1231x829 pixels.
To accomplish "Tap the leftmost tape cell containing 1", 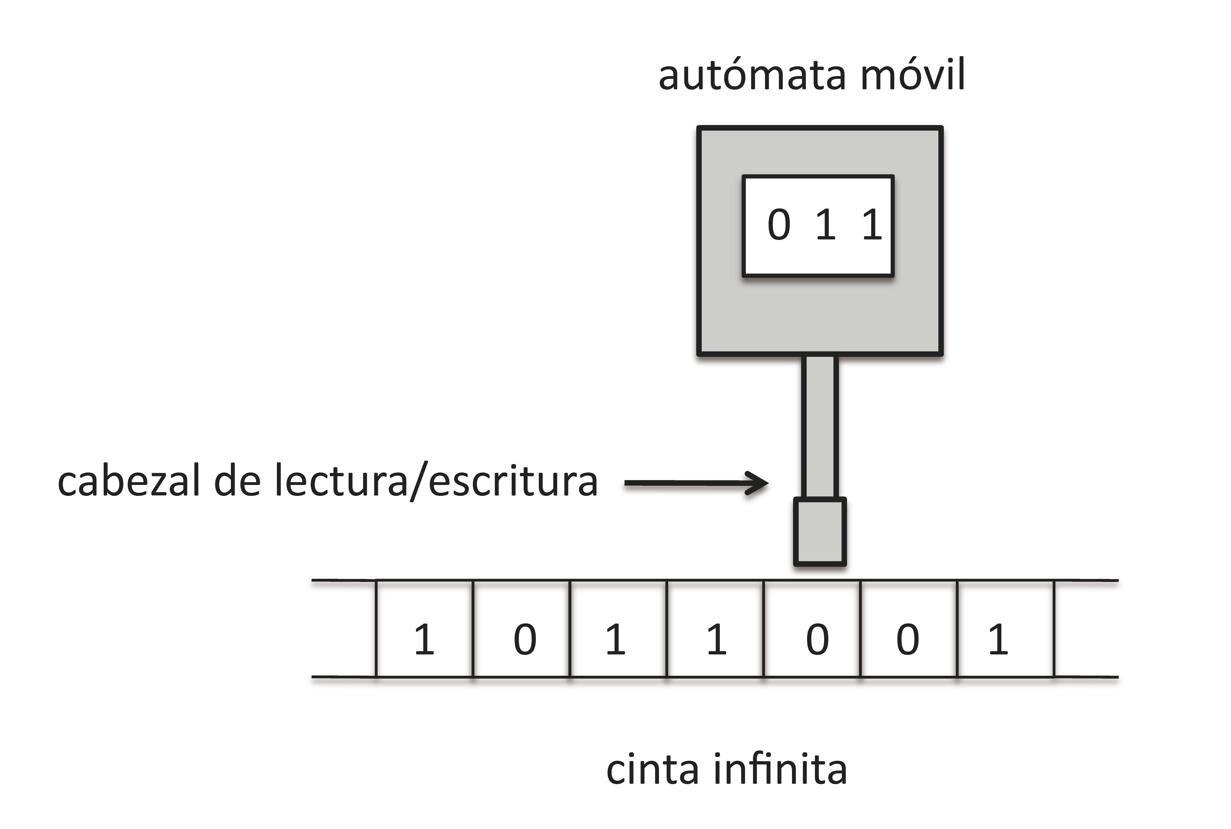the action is [x=425, y=629].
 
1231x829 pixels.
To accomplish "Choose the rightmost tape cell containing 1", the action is [x=1006, y=629].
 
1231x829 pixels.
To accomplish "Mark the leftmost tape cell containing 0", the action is [x=521, y=629].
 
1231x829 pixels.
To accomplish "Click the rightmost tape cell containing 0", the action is [x=909, y=629].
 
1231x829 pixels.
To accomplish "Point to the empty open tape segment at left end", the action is [x=344, y=629].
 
